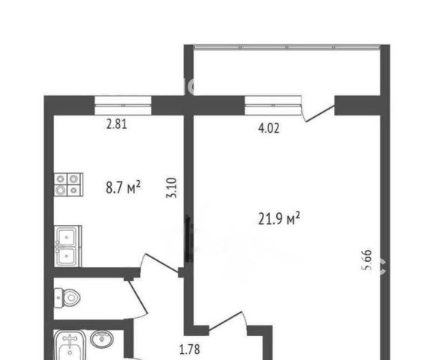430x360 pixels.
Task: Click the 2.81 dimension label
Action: tap(116, 124)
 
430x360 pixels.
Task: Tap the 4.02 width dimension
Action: tap(269, 128)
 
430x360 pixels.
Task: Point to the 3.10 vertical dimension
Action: tap(172, 188)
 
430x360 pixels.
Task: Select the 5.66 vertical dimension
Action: tap(367, 259)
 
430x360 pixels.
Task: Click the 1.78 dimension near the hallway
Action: tap(190, 349)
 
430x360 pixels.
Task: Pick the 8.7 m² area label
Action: tap(123, 187)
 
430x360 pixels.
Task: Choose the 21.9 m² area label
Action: tap(279, 218)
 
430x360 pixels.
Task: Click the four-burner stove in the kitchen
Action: tap(68, 184)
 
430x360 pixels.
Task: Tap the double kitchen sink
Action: tap(68, 246)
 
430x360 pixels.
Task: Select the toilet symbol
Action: tap(67, 298)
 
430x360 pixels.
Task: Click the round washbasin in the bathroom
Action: tap(102, 339)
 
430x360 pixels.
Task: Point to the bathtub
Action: tap(70, 345)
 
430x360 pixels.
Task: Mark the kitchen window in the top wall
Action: tap(123, 105)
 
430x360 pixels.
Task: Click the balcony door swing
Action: tap(318, 109)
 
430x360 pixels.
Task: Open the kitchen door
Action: tap(161, 262)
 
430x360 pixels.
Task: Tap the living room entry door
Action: tap(227, 319)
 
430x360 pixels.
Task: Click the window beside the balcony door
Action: tap(273, 105)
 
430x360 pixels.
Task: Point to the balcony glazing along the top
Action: tap(287, 47)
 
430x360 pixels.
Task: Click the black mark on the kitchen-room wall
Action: tap(188, 238)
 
